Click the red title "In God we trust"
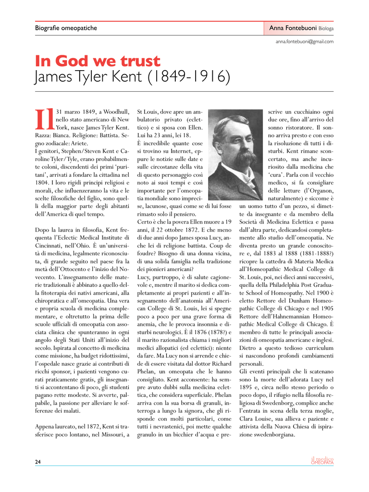(98, 61)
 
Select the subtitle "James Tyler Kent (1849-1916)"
(132, 77)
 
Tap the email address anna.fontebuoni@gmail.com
(305, 42)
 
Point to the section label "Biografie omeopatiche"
(66, 28)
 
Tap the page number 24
(38, 462)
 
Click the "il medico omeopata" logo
(322, 461)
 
